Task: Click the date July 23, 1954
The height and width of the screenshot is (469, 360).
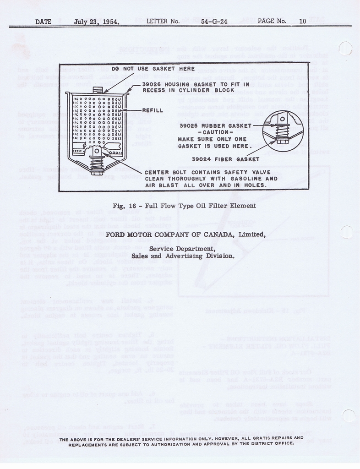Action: (x=97, y=21)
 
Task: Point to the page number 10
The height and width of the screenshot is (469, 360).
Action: (x=302, y=21)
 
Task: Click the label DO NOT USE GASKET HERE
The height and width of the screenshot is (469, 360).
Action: (x=153, y=69)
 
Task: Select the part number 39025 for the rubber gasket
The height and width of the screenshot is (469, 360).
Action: (x=189, y=125)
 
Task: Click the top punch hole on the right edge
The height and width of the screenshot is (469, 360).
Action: (x=345, y=48)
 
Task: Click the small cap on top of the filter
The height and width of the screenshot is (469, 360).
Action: (x=98, y=90)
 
